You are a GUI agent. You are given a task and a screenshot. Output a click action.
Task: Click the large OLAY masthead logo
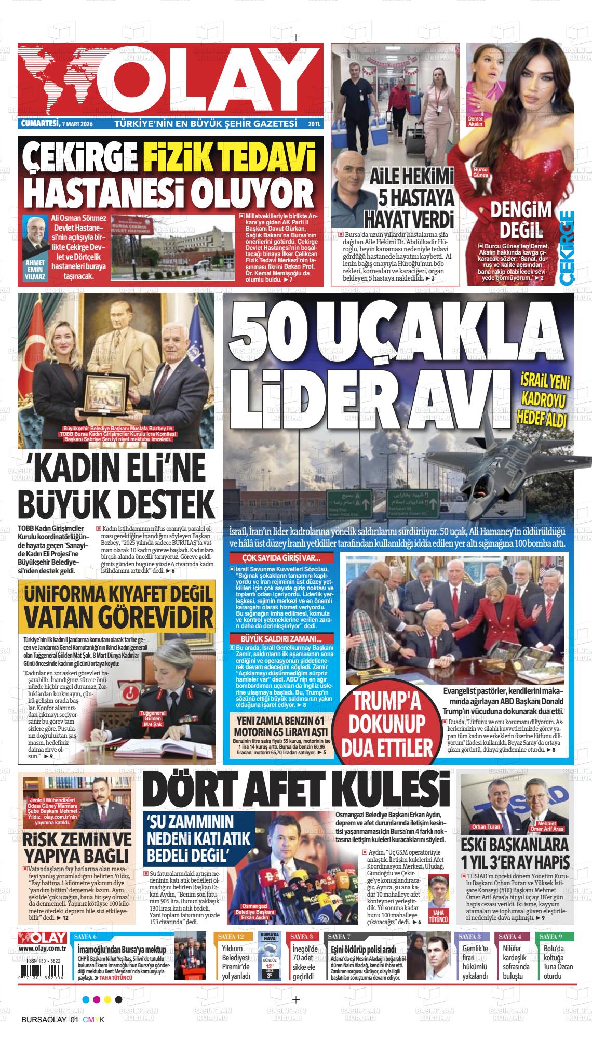[171, 81]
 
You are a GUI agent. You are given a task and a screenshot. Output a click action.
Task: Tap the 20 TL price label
[314, 125]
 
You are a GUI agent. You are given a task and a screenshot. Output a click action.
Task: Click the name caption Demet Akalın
[475, 122]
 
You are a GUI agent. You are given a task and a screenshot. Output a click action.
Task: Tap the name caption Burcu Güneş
[480, 172]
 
